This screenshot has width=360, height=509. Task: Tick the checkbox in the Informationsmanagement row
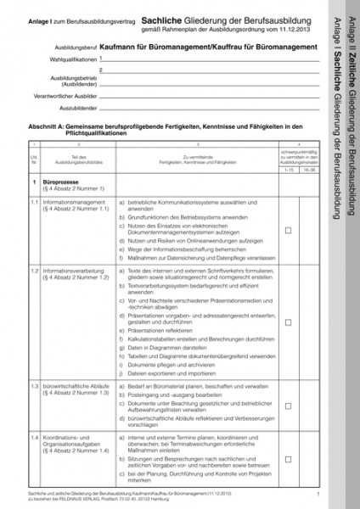coord(288,230)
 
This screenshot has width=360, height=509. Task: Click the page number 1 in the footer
coord(317,492)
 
